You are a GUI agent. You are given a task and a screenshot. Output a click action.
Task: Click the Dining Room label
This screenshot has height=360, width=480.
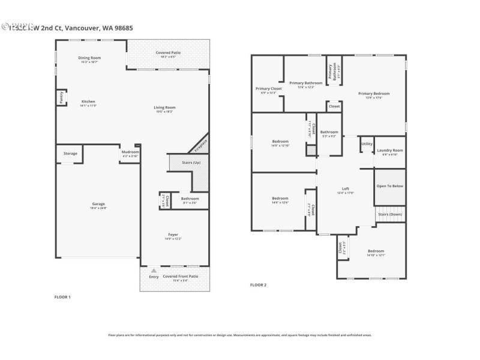point(89,58)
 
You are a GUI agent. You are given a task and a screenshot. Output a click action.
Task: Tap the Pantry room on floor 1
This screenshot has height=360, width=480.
point(61,97)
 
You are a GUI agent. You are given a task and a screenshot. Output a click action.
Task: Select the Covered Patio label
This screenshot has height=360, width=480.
point(168,53)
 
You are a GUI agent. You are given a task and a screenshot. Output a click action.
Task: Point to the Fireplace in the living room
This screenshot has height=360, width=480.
point(200,145)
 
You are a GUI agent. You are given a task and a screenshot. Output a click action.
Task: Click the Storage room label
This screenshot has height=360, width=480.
point(70,154)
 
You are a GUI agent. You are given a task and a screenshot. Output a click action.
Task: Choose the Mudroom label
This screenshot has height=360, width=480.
point(130,152)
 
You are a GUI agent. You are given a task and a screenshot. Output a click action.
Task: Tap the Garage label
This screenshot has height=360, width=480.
point(98,203)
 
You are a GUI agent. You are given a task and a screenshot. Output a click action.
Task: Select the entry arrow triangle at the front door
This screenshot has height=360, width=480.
point(154,271)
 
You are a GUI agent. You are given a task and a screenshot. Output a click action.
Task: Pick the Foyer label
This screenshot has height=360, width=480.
point(173,234)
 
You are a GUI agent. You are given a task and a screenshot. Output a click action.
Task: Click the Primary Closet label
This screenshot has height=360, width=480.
point(268,88)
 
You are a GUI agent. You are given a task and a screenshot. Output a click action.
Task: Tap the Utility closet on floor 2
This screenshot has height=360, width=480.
point(367,144)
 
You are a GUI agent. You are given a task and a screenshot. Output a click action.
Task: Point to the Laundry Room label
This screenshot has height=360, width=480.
point(389,150)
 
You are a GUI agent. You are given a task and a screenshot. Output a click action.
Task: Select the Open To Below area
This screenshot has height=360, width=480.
point(390,186)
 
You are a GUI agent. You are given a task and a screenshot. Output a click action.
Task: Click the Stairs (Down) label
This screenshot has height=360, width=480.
point(390,214)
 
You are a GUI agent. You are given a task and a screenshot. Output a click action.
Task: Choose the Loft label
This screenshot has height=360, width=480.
point(346,189)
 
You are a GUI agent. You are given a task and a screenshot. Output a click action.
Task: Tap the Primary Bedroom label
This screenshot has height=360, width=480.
point(374,94)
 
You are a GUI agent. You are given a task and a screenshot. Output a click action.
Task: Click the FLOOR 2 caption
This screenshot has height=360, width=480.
point(258,285)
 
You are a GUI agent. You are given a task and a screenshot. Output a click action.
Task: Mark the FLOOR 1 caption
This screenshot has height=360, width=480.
point(62,297)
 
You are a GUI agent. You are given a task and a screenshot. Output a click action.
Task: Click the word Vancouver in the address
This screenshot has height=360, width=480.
point(82,28)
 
